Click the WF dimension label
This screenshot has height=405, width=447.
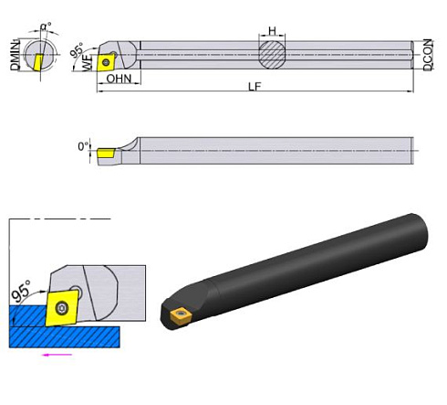(x=88, y=64)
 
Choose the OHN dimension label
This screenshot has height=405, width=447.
(x=118, y=80)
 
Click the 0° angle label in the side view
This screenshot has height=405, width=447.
(x=84, y=145)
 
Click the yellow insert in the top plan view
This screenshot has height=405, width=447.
(x=109, y=63)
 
